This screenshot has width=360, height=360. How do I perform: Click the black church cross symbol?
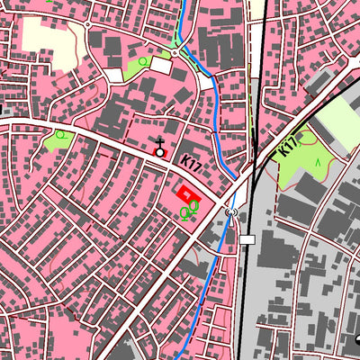(x=160, y=144)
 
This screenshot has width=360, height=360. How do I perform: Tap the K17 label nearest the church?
(x=190, y=164)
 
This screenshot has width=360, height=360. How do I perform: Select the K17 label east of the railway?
(x=288, y=148)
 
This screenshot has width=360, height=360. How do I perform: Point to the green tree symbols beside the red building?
(x=189, y=211)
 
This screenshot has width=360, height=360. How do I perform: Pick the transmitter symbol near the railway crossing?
(x=233, y=212)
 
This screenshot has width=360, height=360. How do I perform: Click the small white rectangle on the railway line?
(x=247, y=239)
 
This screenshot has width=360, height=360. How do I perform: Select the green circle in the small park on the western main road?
(x=60, y=135)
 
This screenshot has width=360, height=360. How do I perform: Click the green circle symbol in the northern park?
(x=142, y=61)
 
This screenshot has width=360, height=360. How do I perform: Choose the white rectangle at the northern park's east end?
(x=161, y=65)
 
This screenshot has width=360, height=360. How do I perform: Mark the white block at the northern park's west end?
(x=114, y=75)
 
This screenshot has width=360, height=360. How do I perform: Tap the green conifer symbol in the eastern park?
(x=317, y=162)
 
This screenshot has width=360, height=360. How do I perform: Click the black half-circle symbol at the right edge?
(x=357, y=339)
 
